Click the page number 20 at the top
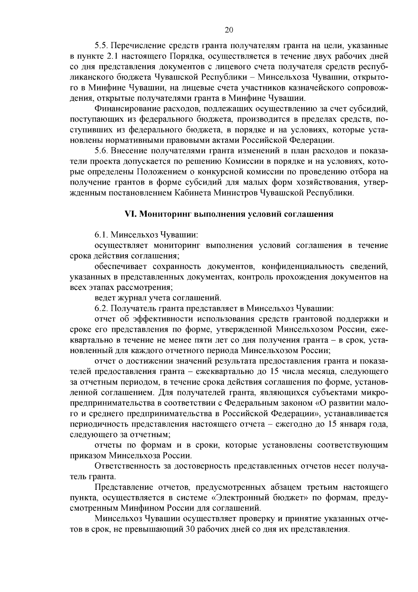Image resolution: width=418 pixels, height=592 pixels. pyautogui.click(x=229, y=30)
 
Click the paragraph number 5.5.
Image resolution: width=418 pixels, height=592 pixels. pyautogui.click(x=101, y=46)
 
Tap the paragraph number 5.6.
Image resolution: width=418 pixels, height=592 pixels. pyautogui.click(x=101, y=151)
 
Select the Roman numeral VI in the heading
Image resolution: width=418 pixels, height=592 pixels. pyautogui.click(x=130, y=214)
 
